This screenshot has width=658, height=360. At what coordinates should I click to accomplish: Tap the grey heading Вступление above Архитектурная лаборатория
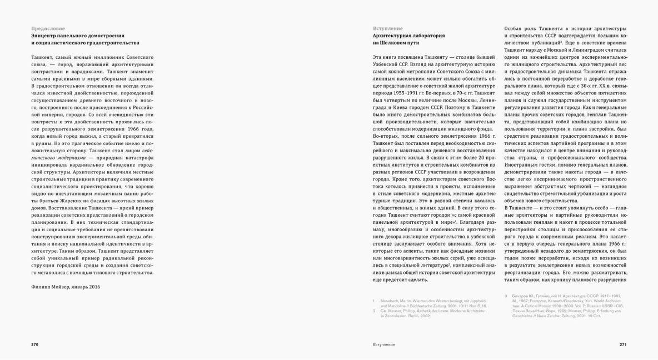point(388,28)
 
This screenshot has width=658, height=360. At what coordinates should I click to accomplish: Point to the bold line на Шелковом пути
point(396,43)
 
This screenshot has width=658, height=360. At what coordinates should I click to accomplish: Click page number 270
point(34,344)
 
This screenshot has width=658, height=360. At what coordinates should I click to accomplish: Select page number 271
point(622,344)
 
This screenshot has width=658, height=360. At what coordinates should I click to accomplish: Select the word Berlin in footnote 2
point(423,316)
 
